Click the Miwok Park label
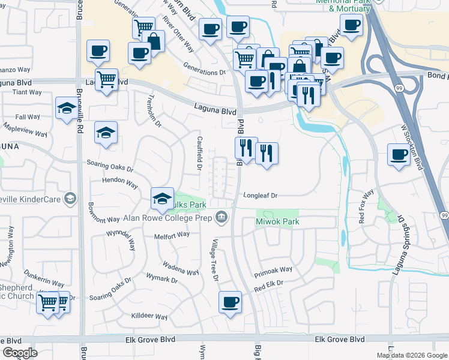pyautogui.click(x=277, y=222)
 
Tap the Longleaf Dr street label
pyautogui.click(x=261, y=196)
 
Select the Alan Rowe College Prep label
pyautogui.click(x=169, y=217)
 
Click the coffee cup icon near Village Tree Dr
pyautogui.click(x=229, y=302)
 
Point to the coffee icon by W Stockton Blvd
pyautogui.click(x=398, y=155)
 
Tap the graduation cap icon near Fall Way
pyautogui.click(x=65, y=109)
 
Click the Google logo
pyautogui.click(x=20, y=353)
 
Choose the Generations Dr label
pyautogui.click(x=204, y=72)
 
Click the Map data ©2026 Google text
pyautogui.click(x=411, y=355)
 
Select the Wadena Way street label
pyautogui.click(x=180, y=268)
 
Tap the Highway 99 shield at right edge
pyautogui.click(x=444, y=215)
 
